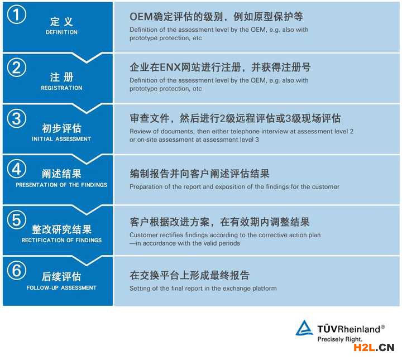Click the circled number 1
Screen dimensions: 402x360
click(x=16, y=15)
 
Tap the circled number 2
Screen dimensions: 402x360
click(x=16, y=68)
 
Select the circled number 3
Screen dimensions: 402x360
click(x=16, y=118)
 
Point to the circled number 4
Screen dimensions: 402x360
click(x=16, y=169)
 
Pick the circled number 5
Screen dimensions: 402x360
click(x=16, y=219)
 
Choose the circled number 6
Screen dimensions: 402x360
click(x=16, y=270)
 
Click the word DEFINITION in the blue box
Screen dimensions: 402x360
click(x=61, y=32)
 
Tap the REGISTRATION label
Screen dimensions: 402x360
click(x=61, y=88)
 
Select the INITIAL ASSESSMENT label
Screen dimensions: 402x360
click(x=61, y=139)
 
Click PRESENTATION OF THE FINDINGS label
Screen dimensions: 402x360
click(x=61, y=185)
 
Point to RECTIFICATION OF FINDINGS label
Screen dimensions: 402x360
click(x=61, y=240)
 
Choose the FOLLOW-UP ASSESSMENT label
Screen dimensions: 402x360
click(x=61, y=288)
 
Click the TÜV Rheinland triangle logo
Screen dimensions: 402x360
click(x=304, y=328)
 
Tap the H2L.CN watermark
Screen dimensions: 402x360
click(x=374, y=348)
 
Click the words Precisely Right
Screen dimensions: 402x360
click(x=340, y=339)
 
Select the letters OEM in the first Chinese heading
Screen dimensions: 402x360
click(x=141, y=17)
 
